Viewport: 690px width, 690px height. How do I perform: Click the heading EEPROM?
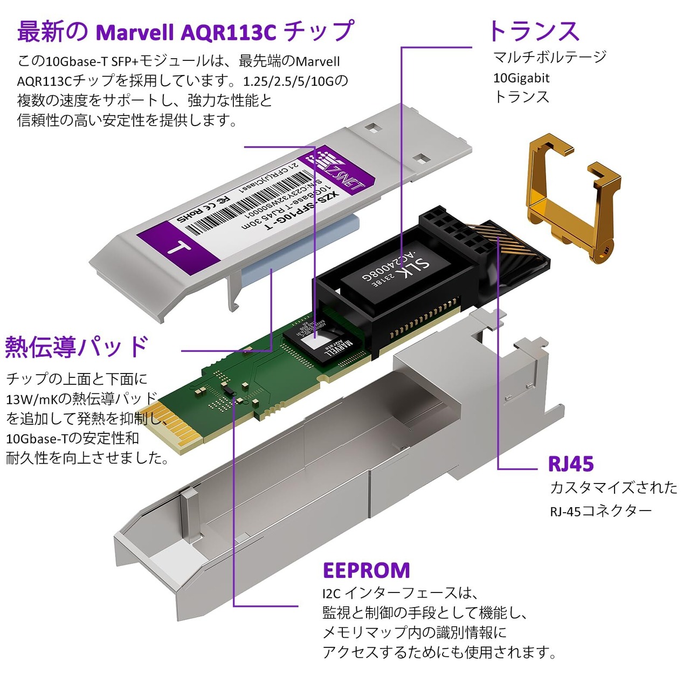[x=366, y=570]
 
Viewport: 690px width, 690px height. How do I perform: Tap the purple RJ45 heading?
[x=570, y=464]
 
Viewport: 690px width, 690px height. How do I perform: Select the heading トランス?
[x=533, y=31]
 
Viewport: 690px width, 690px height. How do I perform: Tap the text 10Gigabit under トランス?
[x=521, y=78]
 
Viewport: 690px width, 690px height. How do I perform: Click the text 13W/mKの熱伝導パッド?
[x=81, y=399]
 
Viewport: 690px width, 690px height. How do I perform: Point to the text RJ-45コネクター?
[x=601, y=510]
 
